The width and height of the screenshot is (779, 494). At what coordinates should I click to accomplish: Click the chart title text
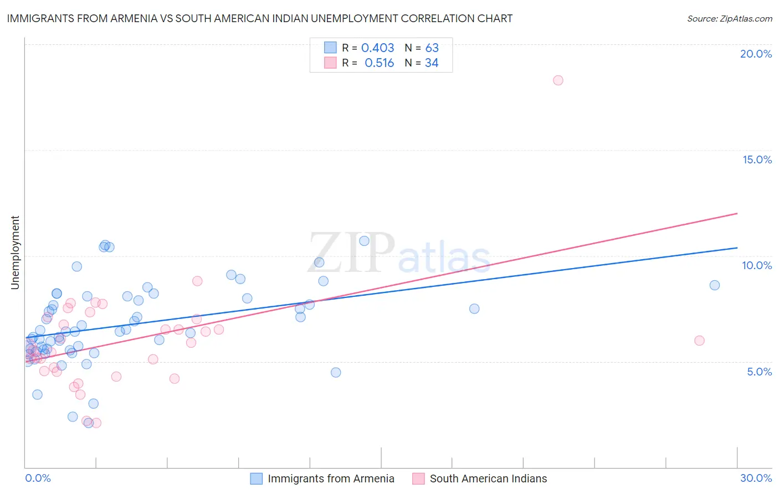click(x=260, y=18)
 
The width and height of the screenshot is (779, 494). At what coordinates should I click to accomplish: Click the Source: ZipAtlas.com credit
click(x=729, y=18)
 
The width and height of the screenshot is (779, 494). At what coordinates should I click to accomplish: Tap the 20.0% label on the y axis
click(x=756, y=54)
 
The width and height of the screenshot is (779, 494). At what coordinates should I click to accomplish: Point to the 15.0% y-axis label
click(x=757, y=159)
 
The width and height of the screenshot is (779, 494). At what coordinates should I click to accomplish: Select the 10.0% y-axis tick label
click(x=757, y=265)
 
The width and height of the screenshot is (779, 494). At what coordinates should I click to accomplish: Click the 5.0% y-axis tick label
click(x=759, y=372)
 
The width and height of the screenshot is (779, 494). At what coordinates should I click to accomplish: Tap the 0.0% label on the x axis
click(x=38, y=478)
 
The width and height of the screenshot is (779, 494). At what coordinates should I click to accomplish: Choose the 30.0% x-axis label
click(x=756, y=478)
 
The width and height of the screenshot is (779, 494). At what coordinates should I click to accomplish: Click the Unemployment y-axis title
click(x=15, y=253)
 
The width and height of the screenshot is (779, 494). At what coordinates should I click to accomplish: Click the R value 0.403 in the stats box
click(x=377, y=48)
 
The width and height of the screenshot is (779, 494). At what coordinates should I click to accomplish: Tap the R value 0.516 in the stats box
click(x=379, y=63)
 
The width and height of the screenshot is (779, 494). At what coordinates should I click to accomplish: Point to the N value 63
click(x=432, y=48)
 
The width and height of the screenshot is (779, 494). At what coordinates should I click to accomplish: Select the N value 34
click(x=432, y=63)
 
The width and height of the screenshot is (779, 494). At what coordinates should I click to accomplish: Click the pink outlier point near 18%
click(x=558, y=80)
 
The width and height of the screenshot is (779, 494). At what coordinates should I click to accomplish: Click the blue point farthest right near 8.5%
click(x=715, y=285)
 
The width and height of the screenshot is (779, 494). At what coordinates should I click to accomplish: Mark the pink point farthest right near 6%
click(x=699, y=341)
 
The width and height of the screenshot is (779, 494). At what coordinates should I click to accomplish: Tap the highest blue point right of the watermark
click(x=364, y=241)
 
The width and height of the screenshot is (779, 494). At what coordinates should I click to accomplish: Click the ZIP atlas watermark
click(x=399, y=253)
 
